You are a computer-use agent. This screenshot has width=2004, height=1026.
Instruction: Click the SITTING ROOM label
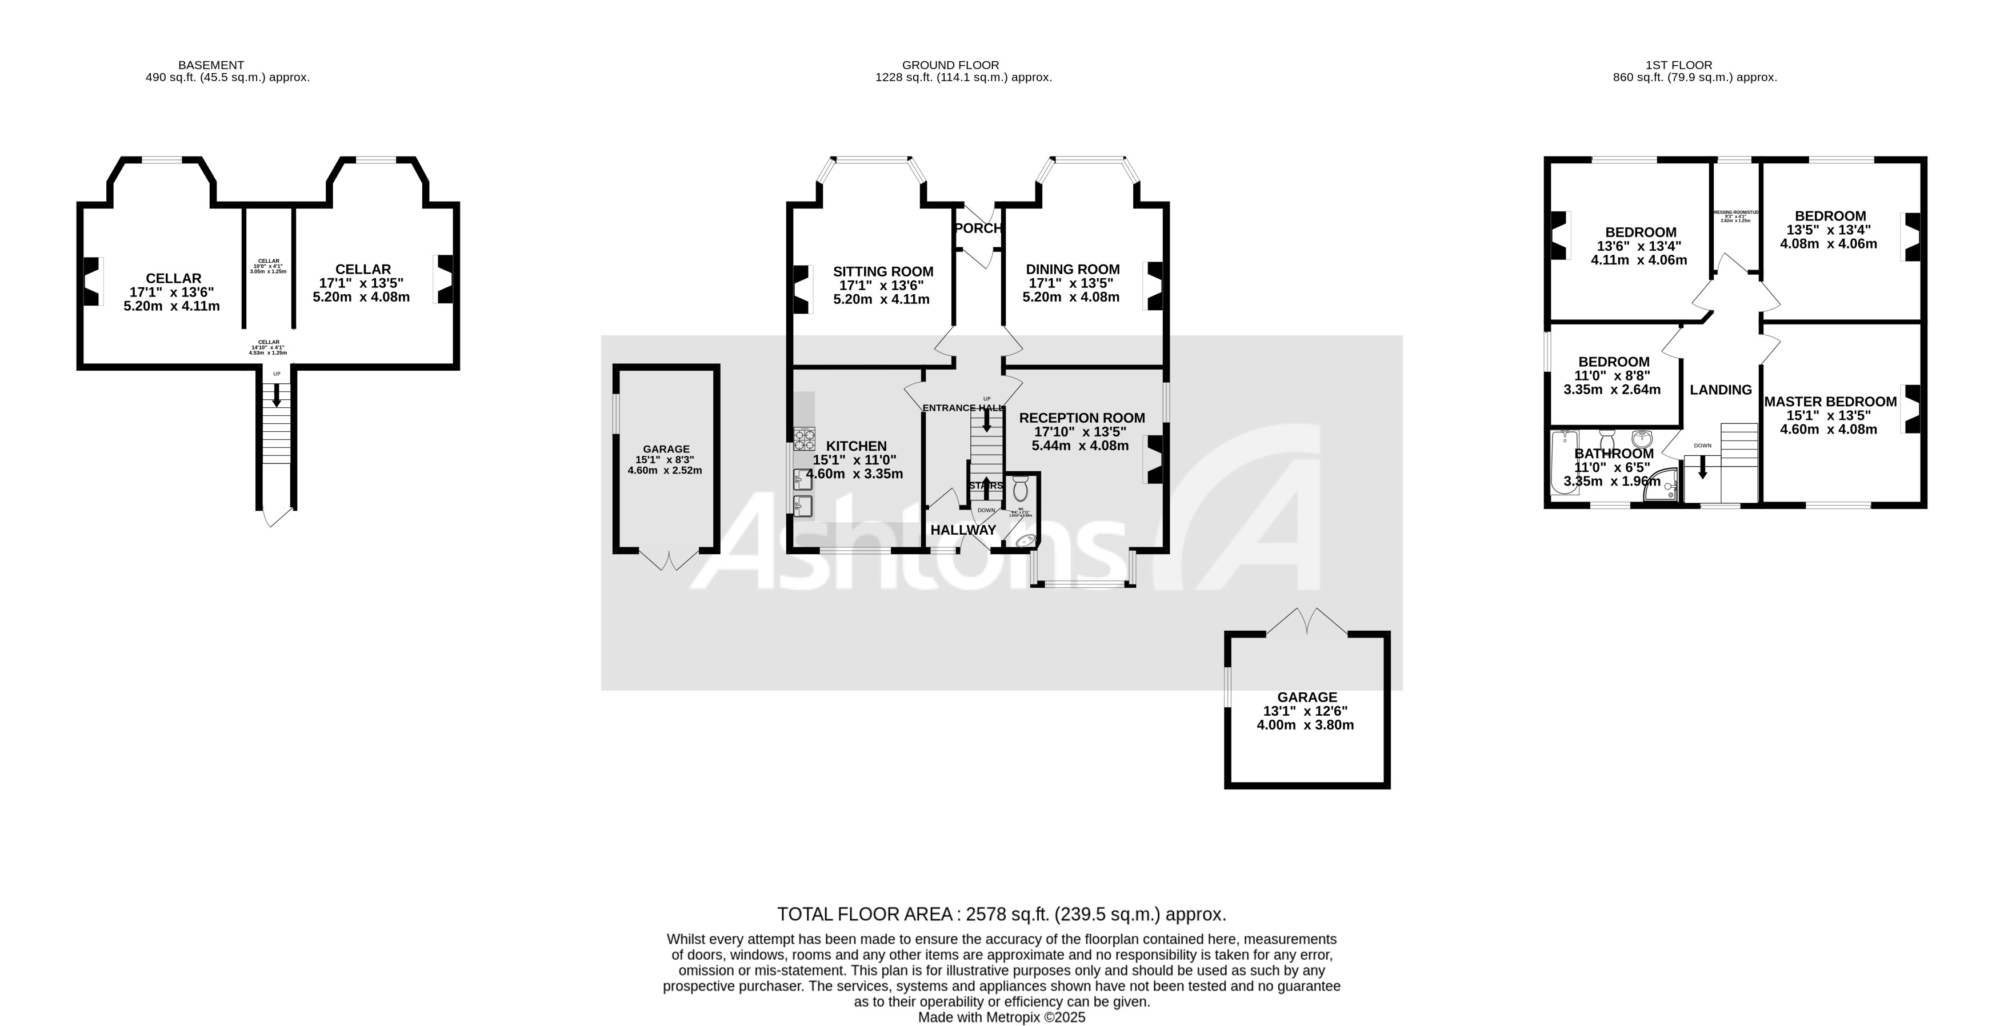(882, 271)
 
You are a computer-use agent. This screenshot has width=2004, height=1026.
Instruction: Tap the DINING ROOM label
(1072, 269)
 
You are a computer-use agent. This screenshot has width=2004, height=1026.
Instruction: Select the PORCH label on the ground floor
(977, 228)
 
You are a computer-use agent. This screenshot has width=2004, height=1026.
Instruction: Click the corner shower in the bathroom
(1662, 484)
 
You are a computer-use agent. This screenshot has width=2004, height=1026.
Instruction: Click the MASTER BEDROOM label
(1830, 402)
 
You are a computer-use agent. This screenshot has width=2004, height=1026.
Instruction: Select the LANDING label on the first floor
(1720, 390)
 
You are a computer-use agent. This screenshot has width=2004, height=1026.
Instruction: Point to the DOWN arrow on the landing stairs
(1702, 467)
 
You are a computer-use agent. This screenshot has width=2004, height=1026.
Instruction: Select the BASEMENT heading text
(211, 65)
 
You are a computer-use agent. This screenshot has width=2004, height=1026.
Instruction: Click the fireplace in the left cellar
(92, 281)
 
